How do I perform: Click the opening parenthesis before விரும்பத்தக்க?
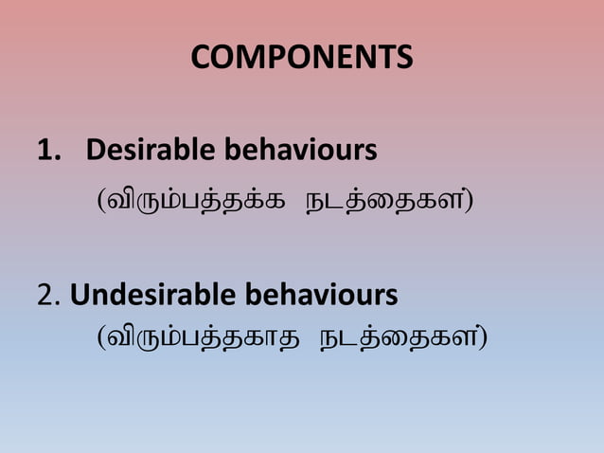(x=101, y=202)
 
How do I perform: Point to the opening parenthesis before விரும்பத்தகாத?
(x=101, y=337)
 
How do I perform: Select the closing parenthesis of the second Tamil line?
(x=483, y=337)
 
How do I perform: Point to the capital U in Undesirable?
(x=80, y=296)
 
